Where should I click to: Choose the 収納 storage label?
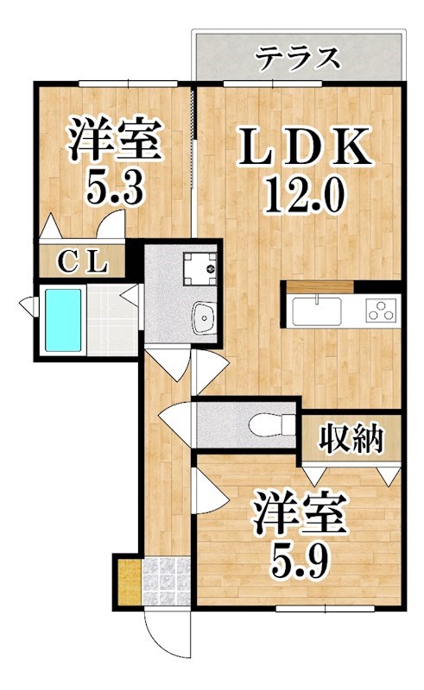point(351,440)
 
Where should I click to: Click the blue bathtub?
point(62,320)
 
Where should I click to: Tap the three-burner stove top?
point(380,310)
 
